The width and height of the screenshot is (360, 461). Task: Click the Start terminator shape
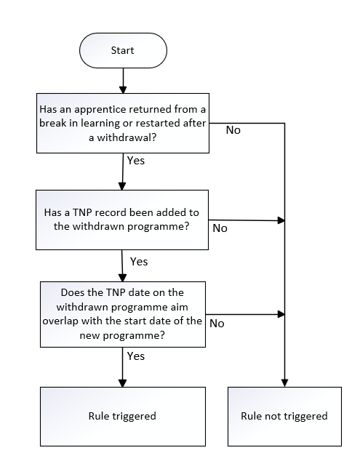123,51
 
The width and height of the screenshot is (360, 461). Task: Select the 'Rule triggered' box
123,417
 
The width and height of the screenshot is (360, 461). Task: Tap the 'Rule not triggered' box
284,417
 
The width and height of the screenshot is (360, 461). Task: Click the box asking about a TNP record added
122,220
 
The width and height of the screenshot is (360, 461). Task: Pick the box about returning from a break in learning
123,123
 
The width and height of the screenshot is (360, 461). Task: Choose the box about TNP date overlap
123,314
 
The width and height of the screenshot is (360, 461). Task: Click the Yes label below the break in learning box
136,161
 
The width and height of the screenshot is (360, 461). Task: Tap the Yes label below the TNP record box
139,262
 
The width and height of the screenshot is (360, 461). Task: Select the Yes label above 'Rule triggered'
136,356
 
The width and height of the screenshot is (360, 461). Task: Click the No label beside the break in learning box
233,130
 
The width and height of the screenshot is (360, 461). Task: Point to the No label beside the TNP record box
220,228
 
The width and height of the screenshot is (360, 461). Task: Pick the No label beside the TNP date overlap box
217,324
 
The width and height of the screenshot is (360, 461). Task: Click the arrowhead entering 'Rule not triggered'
284,382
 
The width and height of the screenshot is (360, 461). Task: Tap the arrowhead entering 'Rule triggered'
122,382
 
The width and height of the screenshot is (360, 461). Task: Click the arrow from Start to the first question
123,81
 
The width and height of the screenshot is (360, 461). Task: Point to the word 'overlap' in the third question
60,321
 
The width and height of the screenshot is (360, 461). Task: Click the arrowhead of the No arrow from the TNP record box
281,220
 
